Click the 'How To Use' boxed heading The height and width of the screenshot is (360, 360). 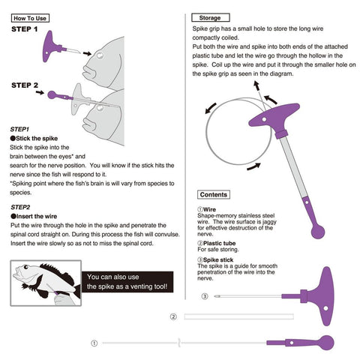(30, 18)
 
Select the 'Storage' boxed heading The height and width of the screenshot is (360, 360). (210, 18)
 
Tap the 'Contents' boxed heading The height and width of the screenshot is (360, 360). (214, 194)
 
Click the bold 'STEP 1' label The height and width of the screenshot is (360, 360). (25, 29)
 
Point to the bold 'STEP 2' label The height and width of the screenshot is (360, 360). (25, 85)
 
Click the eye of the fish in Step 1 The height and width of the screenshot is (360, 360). (100, 55)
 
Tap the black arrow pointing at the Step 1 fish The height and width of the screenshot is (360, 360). (87, 53)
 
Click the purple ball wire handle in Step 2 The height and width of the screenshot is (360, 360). (52, 95)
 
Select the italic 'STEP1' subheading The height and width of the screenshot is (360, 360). (19, 129)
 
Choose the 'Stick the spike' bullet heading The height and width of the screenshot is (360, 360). (34, 138)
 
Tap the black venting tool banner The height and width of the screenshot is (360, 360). (127, 282)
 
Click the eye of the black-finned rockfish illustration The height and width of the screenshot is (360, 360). (26, 267)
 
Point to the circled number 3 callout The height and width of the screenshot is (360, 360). (205, 296)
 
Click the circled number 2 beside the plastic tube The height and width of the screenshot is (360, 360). (173, 316)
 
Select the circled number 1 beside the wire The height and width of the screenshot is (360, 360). (94, 343)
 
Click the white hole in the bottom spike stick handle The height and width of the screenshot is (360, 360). (325, 308)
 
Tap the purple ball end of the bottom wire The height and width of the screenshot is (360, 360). (327, 343)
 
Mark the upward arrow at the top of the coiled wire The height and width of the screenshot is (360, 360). (256, 85)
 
